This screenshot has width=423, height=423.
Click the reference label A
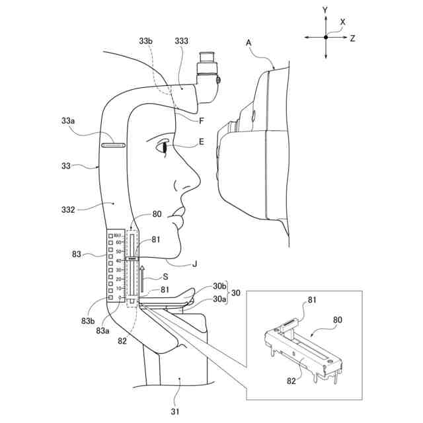click(x=249, y=42)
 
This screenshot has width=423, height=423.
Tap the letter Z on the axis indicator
click(x=353, y=38)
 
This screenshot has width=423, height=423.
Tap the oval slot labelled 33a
click(x=114, y=143)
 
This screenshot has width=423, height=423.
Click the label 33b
click(x=147, y=42)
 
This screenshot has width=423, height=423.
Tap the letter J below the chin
click(x=194, y=264)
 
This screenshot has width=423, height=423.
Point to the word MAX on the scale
click(x=118, y=235)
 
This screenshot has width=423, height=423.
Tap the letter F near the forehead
click(x=201, y=120)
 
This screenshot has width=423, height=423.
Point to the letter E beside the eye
click(x=201, y=141)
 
